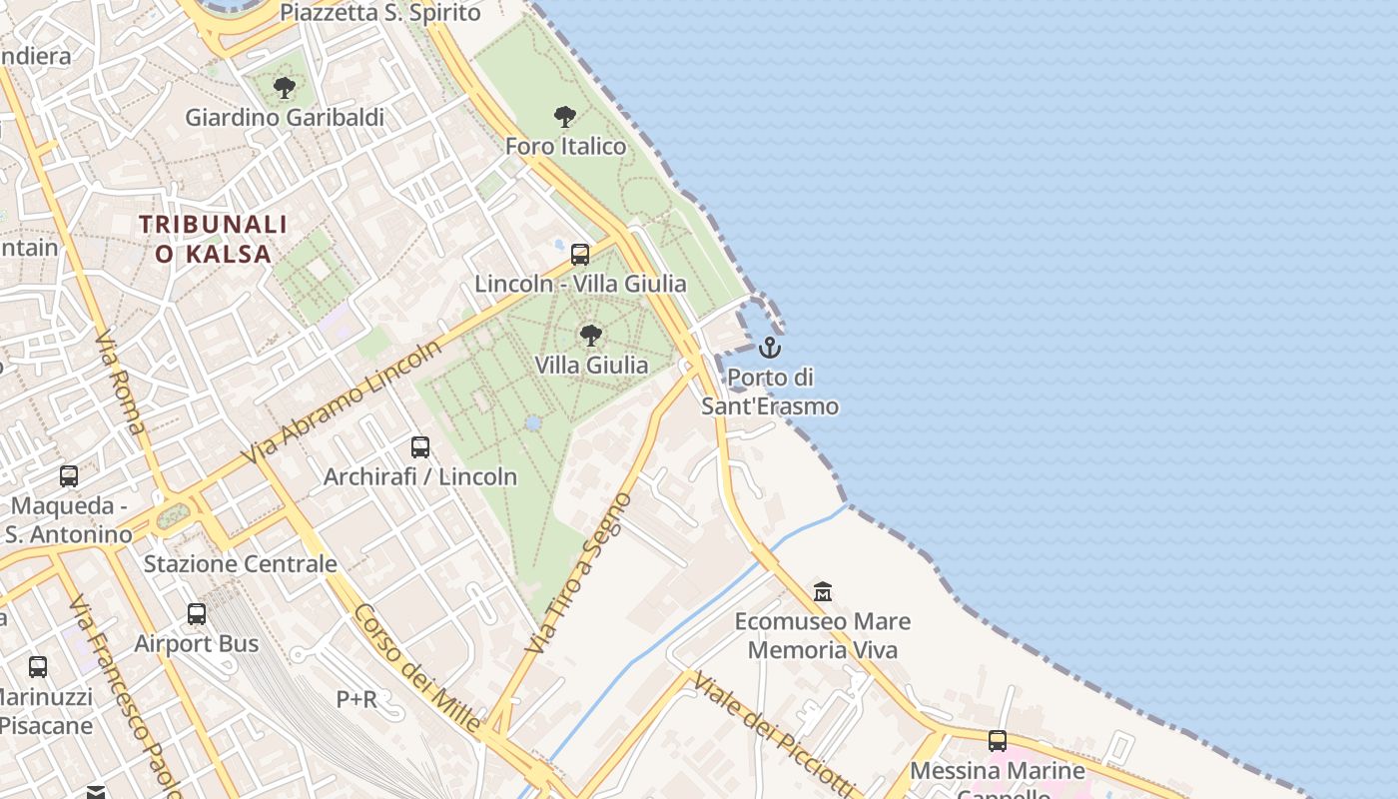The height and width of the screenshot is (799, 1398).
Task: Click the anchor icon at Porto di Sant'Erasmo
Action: pos(769,348)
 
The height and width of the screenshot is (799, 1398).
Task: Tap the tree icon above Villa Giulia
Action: pos(591,336)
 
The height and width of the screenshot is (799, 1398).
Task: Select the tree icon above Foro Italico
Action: pos(565,117)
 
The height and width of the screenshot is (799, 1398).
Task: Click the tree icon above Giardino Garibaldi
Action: pos(285,88)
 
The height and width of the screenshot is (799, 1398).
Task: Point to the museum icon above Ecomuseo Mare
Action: pos(823,591)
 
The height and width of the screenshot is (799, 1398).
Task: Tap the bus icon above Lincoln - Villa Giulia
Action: pos(580,255)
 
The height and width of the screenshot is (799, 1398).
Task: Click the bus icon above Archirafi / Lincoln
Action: pos(420,447)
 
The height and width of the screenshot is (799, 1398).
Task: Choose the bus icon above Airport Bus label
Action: pos(197,614)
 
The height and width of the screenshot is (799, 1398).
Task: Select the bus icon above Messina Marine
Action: pos(998,741)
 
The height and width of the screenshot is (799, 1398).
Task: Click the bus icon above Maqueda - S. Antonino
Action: pos(69,476)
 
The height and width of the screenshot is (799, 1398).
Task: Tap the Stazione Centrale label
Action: pos(241,564)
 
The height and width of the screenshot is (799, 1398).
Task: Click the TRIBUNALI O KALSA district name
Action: pos(214,239)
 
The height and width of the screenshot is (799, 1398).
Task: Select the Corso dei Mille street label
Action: pos(417,668)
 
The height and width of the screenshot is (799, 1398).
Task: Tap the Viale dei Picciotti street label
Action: pos(775,733)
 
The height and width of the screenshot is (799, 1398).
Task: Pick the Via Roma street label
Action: pos(120,382)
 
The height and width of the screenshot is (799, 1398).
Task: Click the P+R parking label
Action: pos(356,699)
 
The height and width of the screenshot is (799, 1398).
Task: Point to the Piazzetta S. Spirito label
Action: pos(380,13)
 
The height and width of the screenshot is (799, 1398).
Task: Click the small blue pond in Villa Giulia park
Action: pos(533,423)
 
